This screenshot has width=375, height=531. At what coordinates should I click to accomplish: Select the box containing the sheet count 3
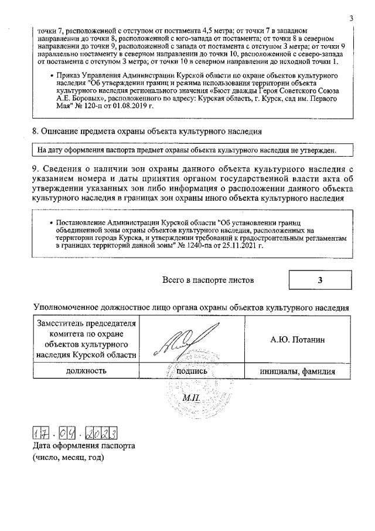[320, 280]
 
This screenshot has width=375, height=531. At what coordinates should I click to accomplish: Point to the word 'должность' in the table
[86, 371]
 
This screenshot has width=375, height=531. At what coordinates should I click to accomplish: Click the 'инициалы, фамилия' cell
[298, 371]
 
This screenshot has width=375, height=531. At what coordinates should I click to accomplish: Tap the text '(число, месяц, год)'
[67, 458]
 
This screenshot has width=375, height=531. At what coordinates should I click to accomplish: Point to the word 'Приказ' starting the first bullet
[69, 77]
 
